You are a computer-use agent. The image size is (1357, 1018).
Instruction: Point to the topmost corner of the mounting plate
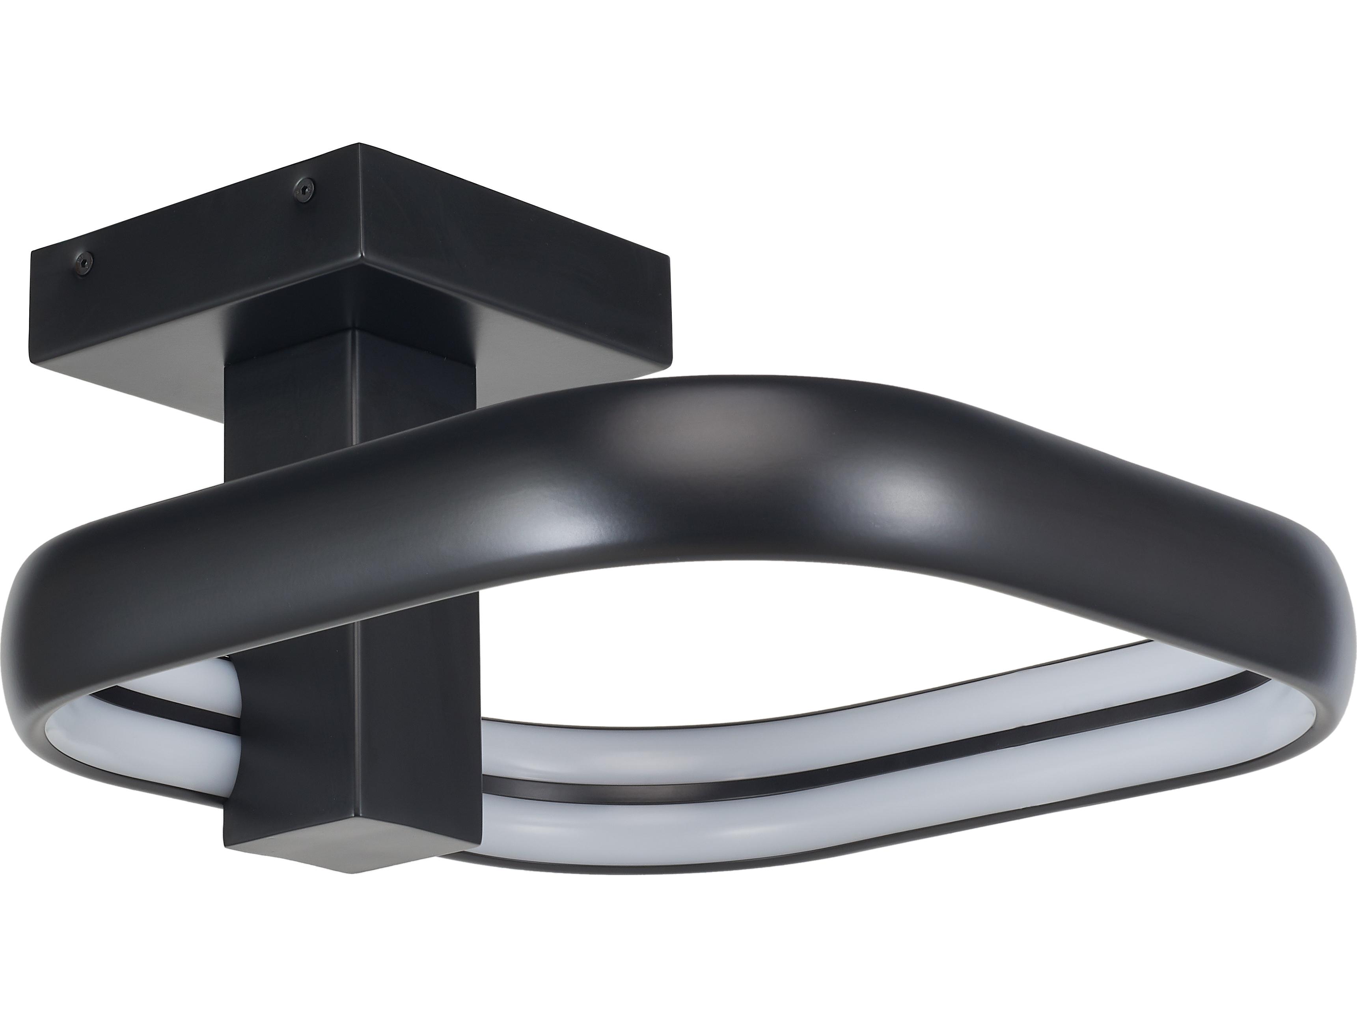(x=359, y=145)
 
